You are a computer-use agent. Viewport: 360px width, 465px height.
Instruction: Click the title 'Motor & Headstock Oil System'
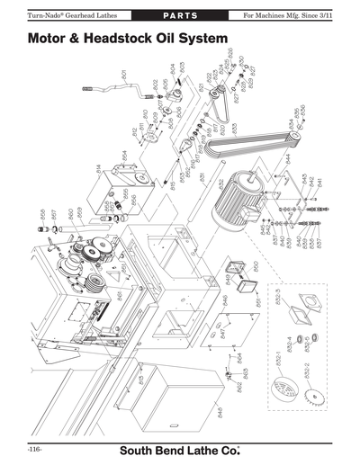[x=126, y=40]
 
